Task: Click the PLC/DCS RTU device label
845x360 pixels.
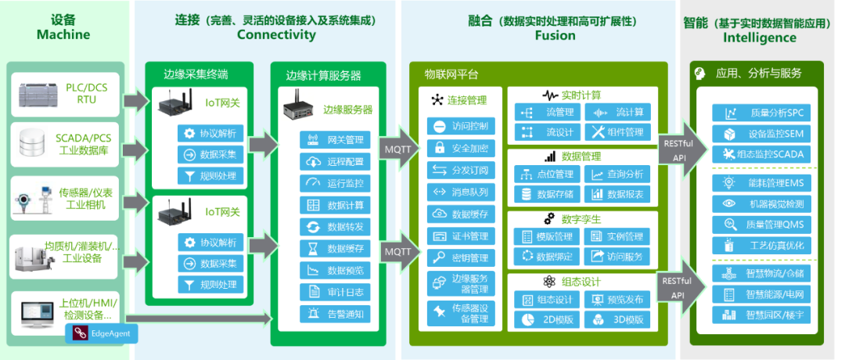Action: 87,95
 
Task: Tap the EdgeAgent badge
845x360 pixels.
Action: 102,333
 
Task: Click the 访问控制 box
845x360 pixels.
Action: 460,126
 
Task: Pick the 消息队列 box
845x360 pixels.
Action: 460,192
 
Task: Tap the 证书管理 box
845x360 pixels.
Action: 460,236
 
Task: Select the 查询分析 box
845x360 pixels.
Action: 617,174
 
